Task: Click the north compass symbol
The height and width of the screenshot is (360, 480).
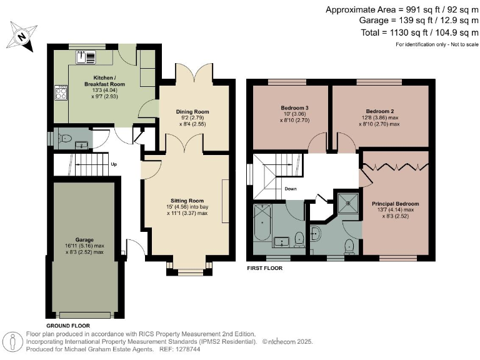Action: (x=21, y=36)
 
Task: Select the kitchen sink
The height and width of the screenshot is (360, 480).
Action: (x=86, y=57)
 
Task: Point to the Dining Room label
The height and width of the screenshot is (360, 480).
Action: (x=192, y=112)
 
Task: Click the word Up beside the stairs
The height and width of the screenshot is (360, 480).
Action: (x=114, y=164)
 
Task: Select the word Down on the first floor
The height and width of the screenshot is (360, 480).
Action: (x=291, y=189)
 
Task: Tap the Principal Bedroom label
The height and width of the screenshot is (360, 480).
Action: (x=395, y=204)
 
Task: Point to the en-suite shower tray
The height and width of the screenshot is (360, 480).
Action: (x=346, y=202)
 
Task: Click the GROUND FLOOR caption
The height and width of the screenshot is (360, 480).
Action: (x=68, y=326)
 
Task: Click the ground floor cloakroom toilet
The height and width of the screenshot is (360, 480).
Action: (x=66, y=137)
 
